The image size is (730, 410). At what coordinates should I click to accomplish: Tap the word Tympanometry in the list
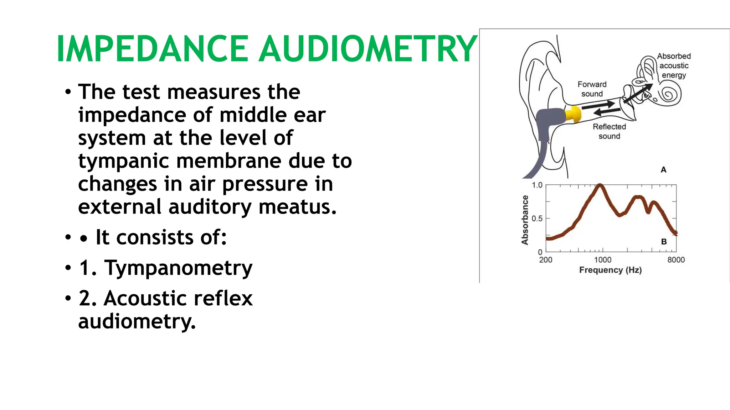tap(178, 268)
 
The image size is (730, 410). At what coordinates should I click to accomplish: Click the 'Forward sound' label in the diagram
tap(592, 89)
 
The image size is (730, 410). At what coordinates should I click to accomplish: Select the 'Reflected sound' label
tap(609, 131)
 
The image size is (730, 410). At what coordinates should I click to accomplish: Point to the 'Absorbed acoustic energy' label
tap(674, 65)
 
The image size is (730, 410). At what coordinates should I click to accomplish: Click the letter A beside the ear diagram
tap(663, 170)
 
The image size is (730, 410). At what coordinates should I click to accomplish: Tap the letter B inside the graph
tap(664, 242)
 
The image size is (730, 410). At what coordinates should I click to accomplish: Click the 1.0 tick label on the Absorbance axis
tap(537, 185)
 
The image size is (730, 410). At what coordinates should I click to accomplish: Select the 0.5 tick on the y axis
tap(537, 219)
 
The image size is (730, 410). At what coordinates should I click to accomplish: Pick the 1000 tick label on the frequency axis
tap(602, 260)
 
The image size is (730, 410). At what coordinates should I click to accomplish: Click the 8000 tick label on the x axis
tap(676, 260)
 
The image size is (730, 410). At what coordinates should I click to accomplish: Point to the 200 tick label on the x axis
tap(545, 260)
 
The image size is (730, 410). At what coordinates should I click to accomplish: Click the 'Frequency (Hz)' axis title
tap(610, 270)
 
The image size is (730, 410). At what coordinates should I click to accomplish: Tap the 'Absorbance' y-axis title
tap(525, 220)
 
